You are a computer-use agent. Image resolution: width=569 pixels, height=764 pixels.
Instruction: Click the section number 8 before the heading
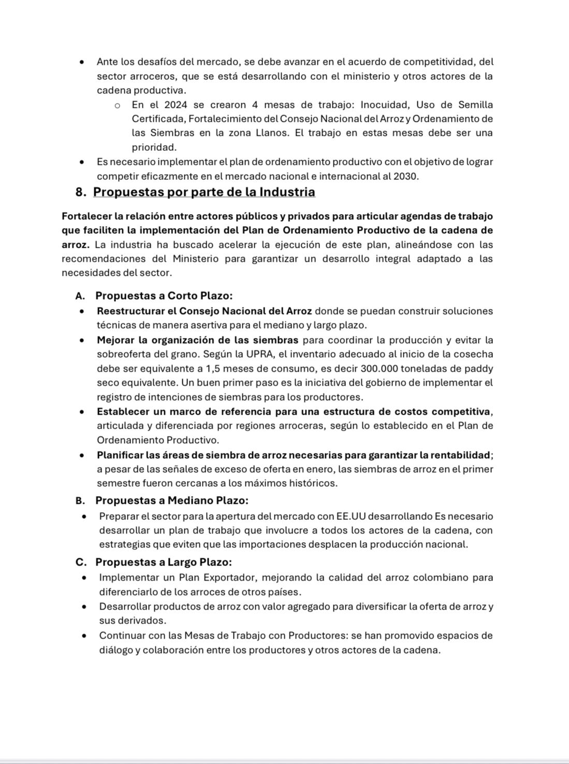[80, 192]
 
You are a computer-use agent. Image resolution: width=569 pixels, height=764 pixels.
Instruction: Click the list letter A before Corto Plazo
[80, 296]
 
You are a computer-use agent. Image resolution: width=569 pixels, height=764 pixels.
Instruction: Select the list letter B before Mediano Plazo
[80, 501]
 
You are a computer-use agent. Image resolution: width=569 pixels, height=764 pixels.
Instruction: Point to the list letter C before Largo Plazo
[80, 562]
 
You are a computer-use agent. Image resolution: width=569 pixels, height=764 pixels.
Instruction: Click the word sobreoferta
[123, 355]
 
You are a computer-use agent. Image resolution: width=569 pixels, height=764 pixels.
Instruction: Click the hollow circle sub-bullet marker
[118, 106]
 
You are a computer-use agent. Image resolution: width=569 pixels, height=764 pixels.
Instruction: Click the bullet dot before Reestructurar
[82, 312]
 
